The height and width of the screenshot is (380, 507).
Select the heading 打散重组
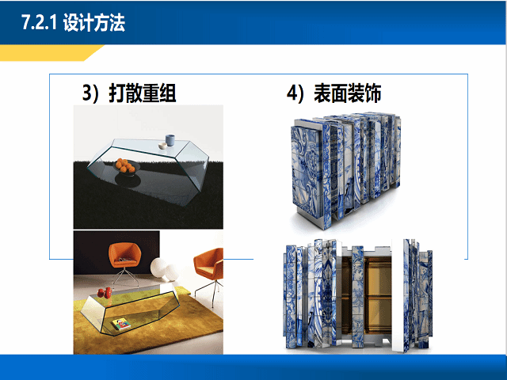[142, 93]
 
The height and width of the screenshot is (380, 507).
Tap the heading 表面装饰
[349, 93]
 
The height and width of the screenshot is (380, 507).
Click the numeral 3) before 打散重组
[95, 93]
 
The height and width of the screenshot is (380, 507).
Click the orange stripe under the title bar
[48, 53]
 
